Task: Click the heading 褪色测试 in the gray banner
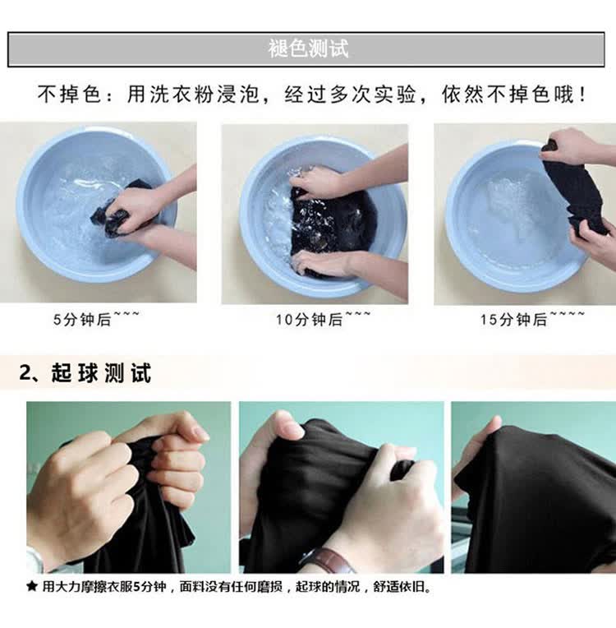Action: click(308, 48)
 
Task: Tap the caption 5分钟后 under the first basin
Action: click(82, 320)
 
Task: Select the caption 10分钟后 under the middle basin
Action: click(309, 320)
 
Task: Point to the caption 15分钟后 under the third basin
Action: click(513, 320)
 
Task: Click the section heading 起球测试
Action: click(101, 373)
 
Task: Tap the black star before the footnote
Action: click(32, 587)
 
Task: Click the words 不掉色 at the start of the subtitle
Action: click(69, 95)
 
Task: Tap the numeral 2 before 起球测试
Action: click(25, 373)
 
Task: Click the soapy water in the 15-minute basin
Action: click(508, 212)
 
